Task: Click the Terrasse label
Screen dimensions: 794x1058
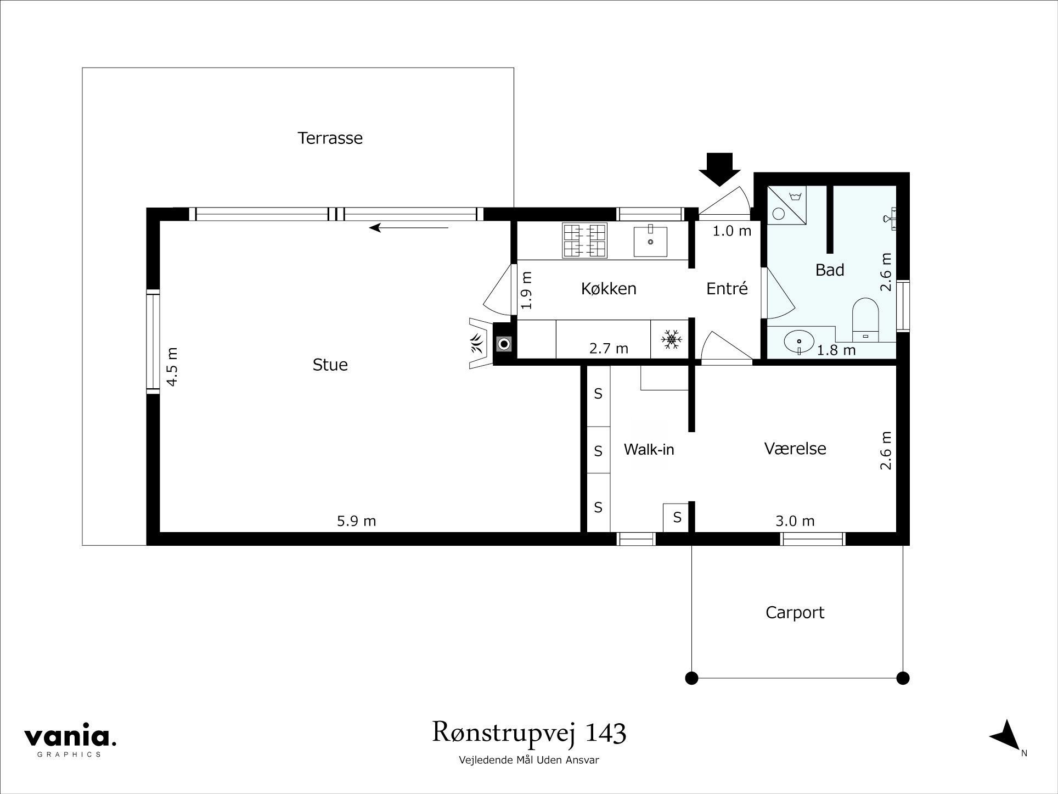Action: [x=330, y=138]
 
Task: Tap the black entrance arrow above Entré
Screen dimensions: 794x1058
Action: [x=719, y=169]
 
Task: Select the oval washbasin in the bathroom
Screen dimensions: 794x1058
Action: [x=799, y=342]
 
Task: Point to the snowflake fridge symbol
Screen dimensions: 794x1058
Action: [x=671, y=339]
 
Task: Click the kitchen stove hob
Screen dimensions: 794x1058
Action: [x=585, y=241]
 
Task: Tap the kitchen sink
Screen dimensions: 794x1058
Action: [x=650, y=242]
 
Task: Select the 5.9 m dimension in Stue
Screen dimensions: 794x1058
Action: [x=356, y=521]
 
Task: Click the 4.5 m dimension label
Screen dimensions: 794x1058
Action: [x=172, y=366]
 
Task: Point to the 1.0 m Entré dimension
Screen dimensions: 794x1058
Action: [x=731, y=231]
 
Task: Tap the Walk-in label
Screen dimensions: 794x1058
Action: [x=649, y=450]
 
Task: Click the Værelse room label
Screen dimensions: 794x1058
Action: [x=795, y=449]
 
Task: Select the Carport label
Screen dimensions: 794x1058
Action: [x=795, y=612]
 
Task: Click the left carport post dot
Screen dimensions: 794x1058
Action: [x=692, y=678]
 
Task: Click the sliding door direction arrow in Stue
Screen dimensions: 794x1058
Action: [x=409, y=227]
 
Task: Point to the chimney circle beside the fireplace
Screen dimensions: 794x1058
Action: [x=504, y=344]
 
